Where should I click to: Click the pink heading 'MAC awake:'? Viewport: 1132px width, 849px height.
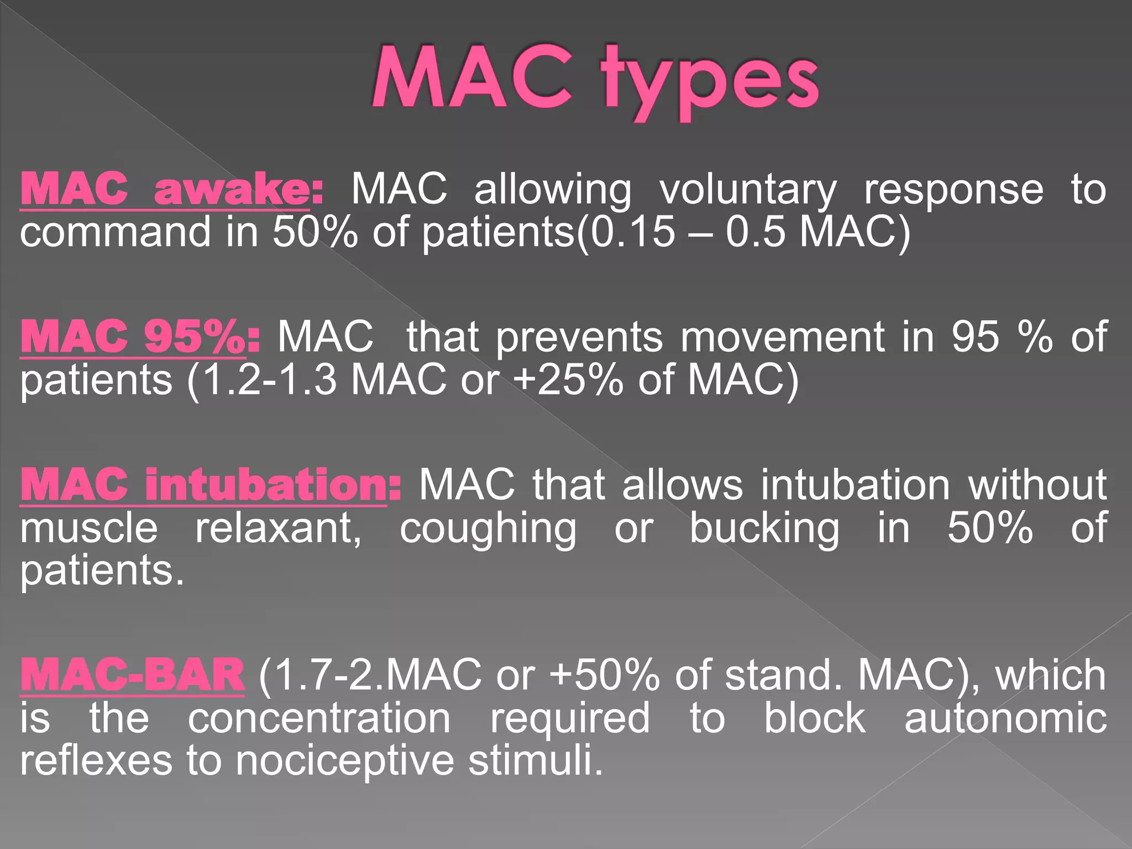pyautogui.click(x=171, y=189)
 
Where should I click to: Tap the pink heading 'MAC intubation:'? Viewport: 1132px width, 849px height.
pyautogui.click(x=210, y=484)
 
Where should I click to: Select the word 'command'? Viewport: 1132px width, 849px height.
pyautogui.click(x=116, y=232)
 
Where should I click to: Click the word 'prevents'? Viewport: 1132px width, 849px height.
pyautogui.click(x=579, y=337)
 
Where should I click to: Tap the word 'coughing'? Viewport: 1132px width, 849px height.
pyautogui.click(x=488, y=530)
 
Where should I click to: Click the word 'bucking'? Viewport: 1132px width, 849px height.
pyautogui.click(x=764, y=530)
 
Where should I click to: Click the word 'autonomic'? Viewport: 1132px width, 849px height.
pyautogui.click(x=1005, y=718)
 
